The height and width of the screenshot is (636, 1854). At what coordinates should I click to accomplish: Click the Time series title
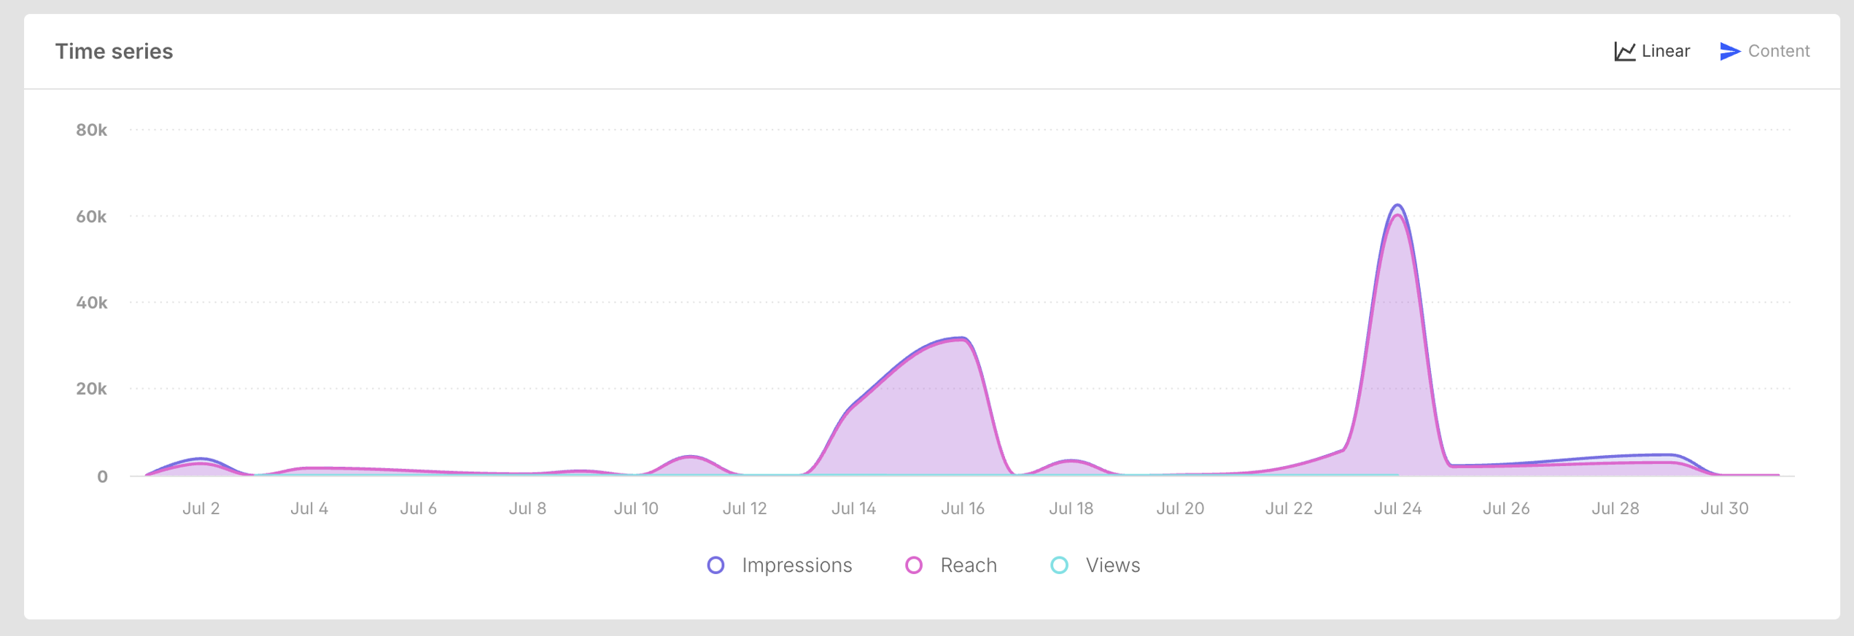click(114, 51)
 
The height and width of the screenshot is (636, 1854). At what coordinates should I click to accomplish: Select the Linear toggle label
click(1665, 51)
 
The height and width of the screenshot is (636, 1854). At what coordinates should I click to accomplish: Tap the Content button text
click(1778, 51)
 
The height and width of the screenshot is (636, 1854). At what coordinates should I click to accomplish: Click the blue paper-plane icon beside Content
click(1729, 51)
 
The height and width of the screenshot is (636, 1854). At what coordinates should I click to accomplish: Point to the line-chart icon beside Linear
click(1624, 51)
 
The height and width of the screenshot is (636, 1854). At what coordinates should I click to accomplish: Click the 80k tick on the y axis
click(91, 130)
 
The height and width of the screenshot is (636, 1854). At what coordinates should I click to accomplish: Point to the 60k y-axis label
click(91, 217)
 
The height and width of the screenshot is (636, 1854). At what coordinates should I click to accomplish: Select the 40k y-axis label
click(91, 303)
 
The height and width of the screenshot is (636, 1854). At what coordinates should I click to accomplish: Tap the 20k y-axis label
click(91, 389)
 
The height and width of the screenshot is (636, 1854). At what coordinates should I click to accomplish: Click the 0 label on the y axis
click(102, 476)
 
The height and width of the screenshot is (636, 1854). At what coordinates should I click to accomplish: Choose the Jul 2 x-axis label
click(201, 508)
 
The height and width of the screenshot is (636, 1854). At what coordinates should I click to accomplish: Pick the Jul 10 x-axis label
click(636, 508)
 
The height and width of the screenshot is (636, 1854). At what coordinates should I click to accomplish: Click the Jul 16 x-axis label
click(962, 508)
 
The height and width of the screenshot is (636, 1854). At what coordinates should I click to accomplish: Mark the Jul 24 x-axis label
click(1397, 508)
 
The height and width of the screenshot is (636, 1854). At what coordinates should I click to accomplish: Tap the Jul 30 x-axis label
click(1724, 508)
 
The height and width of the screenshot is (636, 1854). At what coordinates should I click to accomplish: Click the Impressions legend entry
click(780, 565)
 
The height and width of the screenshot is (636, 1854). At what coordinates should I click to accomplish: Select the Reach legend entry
click(951, 565)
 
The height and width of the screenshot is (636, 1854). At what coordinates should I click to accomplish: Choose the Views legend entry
click(1095, 565)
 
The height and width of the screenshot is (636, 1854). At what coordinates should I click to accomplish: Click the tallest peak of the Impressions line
click(1397, 205)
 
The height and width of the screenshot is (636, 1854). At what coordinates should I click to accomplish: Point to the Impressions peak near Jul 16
click(962, 338)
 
